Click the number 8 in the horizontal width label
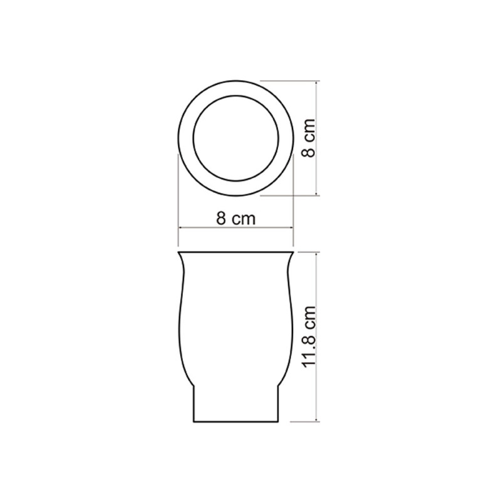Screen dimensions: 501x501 (221, 219)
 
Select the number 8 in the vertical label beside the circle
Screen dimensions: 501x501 (309, 152)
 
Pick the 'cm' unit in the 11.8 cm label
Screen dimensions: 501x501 (311, 318)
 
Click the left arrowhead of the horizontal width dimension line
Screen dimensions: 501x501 (180, 228)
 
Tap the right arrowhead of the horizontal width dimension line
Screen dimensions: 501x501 (291, 228)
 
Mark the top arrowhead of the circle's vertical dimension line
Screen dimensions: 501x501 (316, 83)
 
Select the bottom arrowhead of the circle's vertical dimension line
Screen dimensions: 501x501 (316, 193)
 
